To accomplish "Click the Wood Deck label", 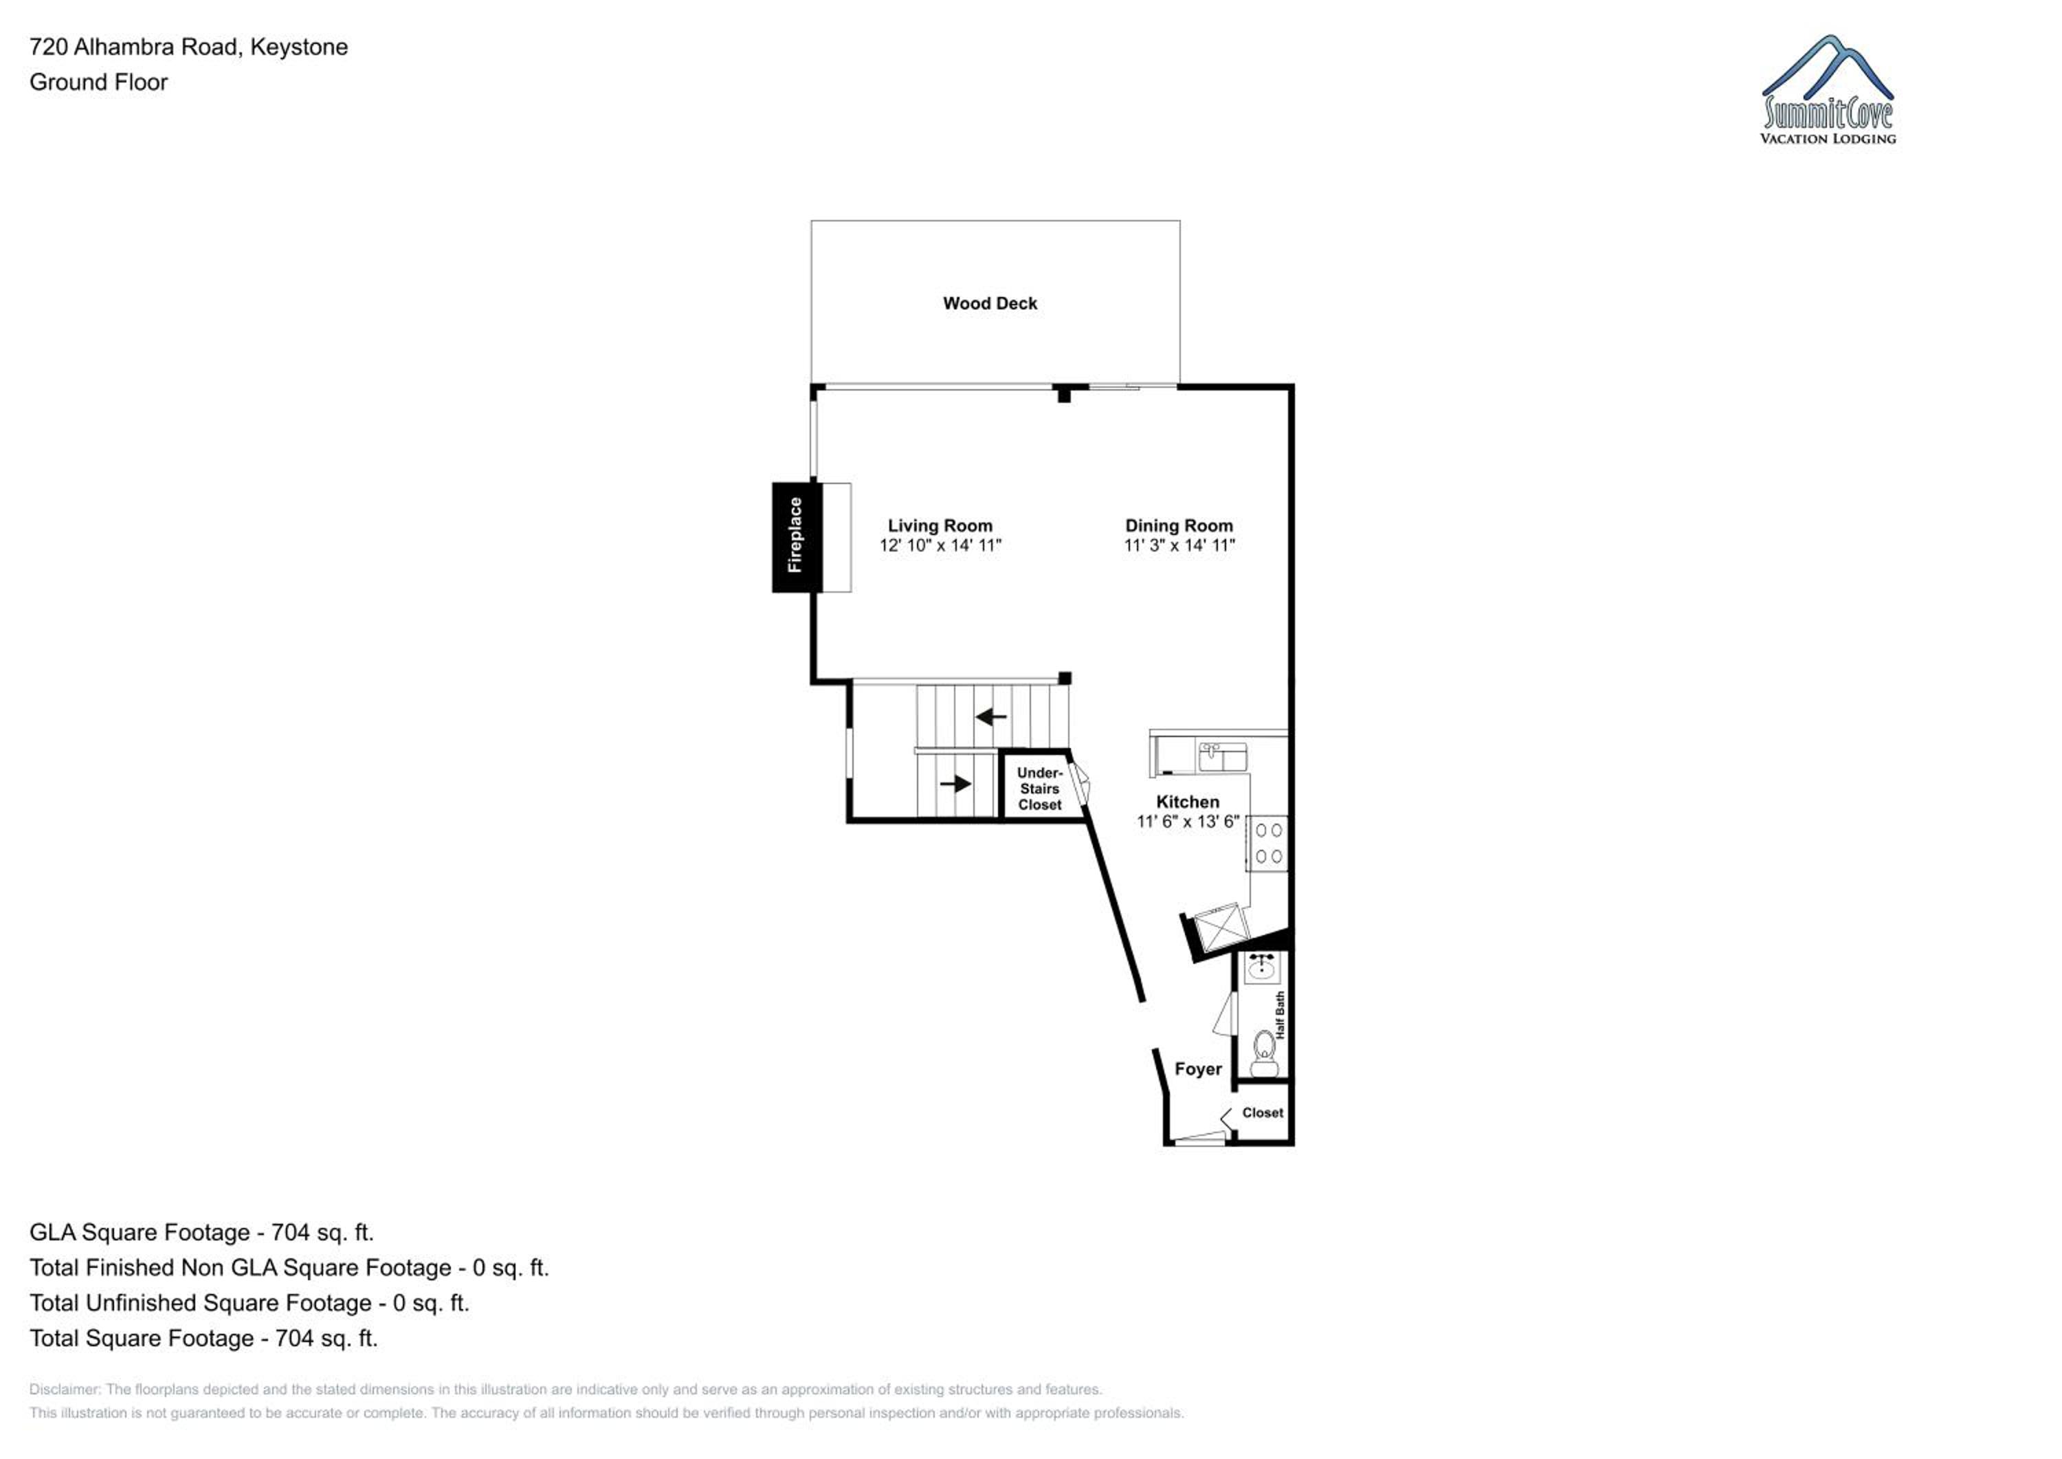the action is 990,304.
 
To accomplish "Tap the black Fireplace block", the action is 797,537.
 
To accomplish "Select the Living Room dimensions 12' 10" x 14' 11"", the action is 940,545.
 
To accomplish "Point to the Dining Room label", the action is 1179,525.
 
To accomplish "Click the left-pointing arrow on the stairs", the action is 990,717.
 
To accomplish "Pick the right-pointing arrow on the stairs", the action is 955,783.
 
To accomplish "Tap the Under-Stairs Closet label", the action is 1040,789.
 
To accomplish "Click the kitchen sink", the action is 1222,758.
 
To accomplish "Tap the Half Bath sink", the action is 1263,967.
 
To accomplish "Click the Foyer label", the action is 1198,1069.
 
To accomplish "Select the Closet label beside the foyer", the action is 1263,1112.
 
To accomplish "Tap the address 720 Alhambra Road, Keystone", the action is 188,47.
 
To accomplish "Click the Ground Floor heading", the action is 99,82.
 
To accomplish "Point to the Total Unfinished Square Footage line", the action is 250,1303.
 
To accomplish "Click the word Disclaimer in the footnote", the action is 64,1390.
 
